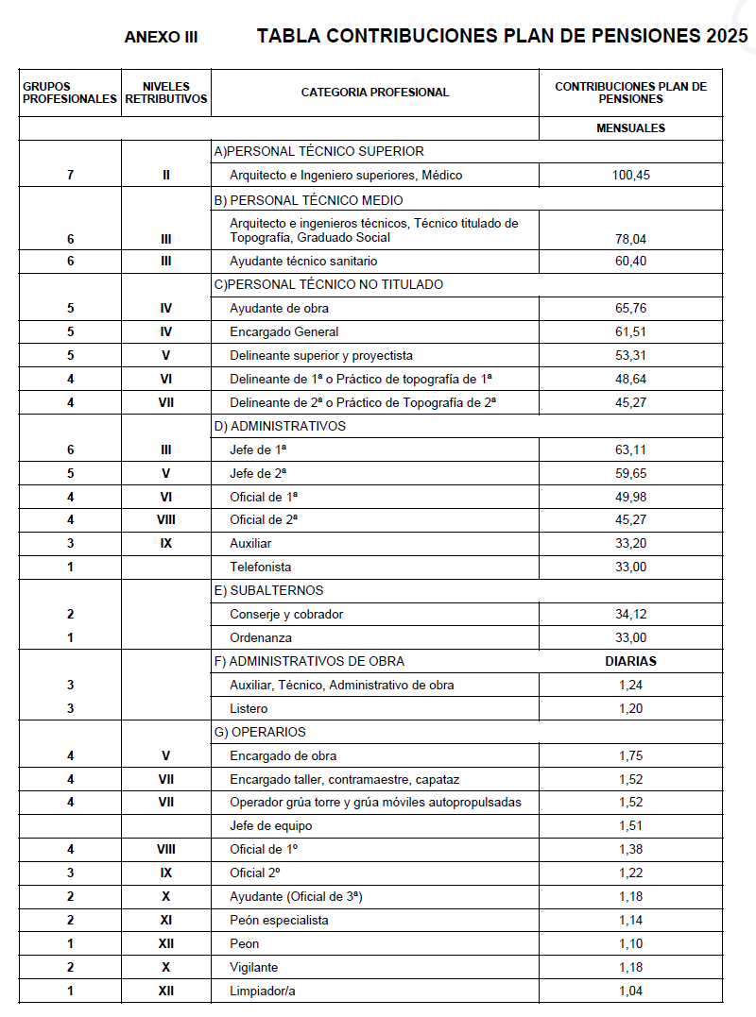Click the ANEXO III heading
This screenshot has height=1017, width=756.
[x=161, y=38]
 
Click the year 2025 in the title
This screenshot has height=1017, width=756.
[x=726, y=37]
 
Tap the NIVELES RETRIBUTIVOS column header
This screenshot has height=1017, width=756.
[x=166, y=93]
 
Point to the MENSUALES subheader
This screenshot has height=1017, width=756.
[x=630, y=128]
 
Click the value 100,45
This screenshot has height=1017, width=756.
[x=630, y=176]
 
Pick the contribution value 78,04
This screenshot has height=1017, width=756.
[x=630, y=240]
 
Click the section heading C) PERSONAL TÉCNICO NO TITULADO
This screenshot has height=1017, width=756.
[x=330, y=285]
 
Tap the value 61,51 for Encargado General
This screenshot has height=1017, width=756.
[x=630, y=332]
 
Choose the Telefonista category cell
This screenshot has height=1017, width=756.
[x=261, y=568]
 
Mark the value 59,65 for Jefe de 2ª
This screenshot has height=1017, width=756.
[x=630, y=473]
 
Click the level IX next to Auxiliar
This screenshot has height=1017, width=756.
[x=166, y=544]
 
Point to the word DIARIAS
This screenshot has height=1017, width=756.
[x=630, y=662]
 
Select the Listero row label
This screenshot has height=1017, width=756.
[x=249, y=709]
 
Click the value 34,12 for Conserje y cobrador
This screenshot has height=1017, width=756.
[x=630, y=615]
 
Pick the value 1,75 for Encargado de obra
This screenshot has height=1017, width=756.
[x=630, y=756]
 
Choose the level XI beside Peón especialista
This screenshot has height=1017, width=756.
[x=166, y=921]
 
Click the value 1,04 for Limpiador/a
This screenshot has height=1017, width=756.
[x=630, y=991]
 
